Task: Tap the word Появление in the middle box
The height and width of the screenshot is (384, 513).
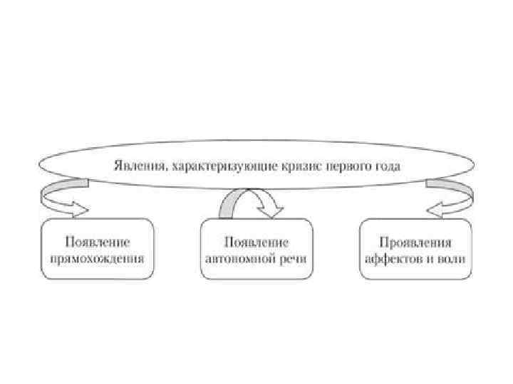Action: click(x=256, y=242)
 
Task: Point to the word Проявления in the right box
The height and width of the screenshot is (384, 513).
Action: click(x=415, y=242)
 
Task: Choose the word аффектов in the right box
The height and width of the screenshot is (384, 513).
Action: click(x=393, y=257)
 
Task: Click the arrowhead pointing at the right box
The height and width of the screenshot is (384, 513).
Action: click(x=434, y=209)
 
